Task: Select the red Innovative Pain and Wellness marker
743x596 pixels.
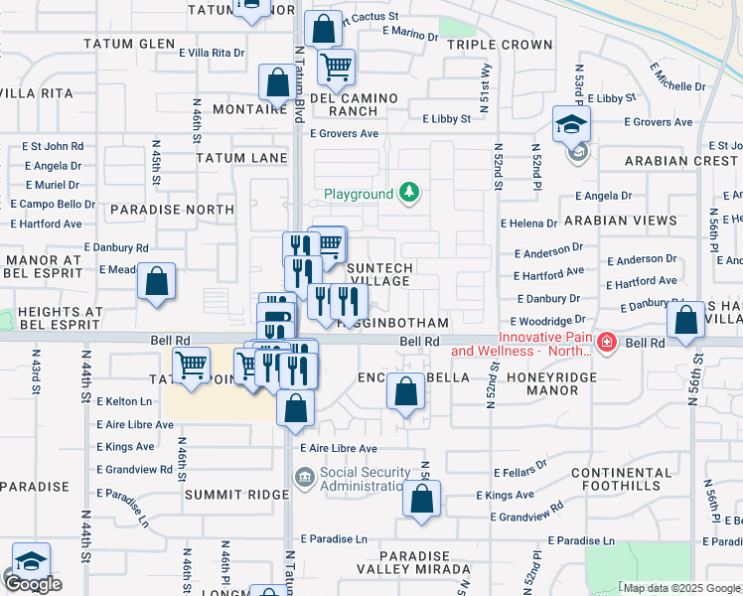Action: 607,344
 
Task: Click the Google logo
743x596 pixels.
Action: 33,584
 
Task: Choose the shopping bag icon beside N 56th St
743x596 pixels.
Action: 686,321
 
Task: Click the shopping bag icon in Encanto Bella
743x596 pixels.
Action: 405,391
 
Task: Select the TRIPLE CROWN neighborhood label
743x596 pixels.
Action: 500,45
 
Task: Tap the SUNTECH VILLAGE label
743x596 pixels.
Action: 378,274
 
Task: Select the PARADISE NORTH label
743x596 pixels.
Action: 159,210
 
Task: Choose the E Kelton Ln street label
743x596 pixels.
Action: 125,401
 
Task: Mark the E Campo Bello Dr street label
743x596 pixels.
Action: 53,204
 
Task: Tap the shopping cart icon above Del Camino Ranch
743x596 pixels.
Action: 337,68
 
